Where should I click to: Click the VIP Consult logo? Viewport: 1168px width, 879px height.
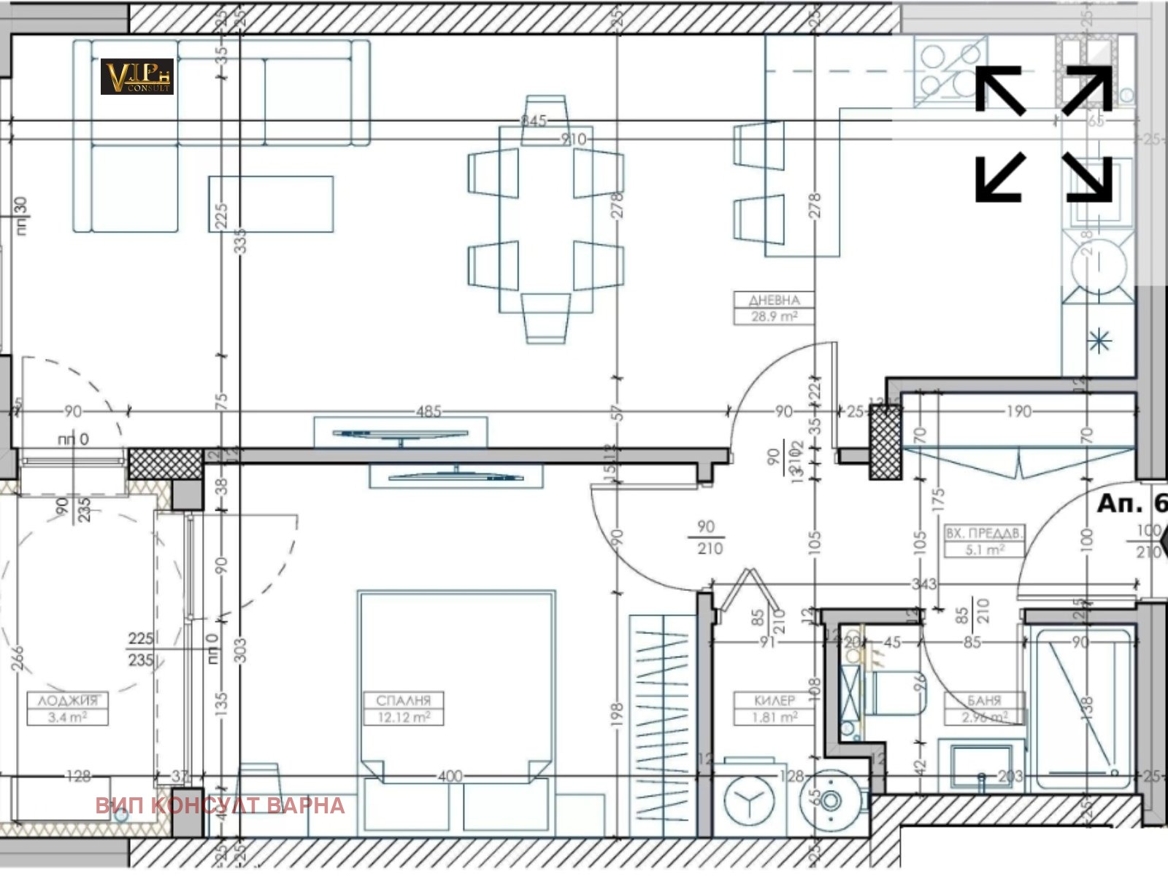pos(137,77)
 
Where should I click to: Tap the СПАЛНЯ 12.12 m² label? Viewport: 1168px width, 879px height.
pos(404,708)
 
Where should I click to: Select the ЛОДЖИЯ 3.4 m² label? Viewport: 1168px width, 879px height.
pos(67,708)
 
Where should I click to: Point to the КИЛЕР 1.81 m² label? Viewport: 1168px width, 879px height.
pos(774,708)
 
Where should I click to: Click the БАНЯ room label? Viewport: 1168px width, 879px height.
pos(983,700)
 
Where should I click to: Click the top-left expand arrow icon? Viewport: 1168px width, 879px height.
pos(1000,90)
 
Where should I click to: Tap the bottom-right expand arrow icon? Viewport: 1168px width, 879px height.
pos(1088,177)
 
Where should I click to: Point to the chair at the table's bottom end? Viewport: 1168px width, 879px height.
pos(546,318)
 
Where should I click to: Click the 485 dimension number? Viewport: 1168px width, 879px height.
pos(429,411)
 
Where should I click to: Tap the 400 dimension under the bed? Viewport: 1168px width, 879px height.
pos(450,776)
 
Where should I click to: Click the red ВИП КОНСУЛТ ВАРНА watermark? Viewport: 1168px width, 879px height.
pos(220,805)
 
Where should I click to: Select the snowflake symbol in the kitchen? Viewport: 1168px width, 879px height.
pos(1099,341)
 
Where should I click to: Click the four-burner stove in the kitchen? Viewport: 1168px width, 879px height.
pos(949,70)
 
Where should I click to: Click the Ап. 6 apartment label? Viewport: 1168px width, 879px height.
pos(1131,503)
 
